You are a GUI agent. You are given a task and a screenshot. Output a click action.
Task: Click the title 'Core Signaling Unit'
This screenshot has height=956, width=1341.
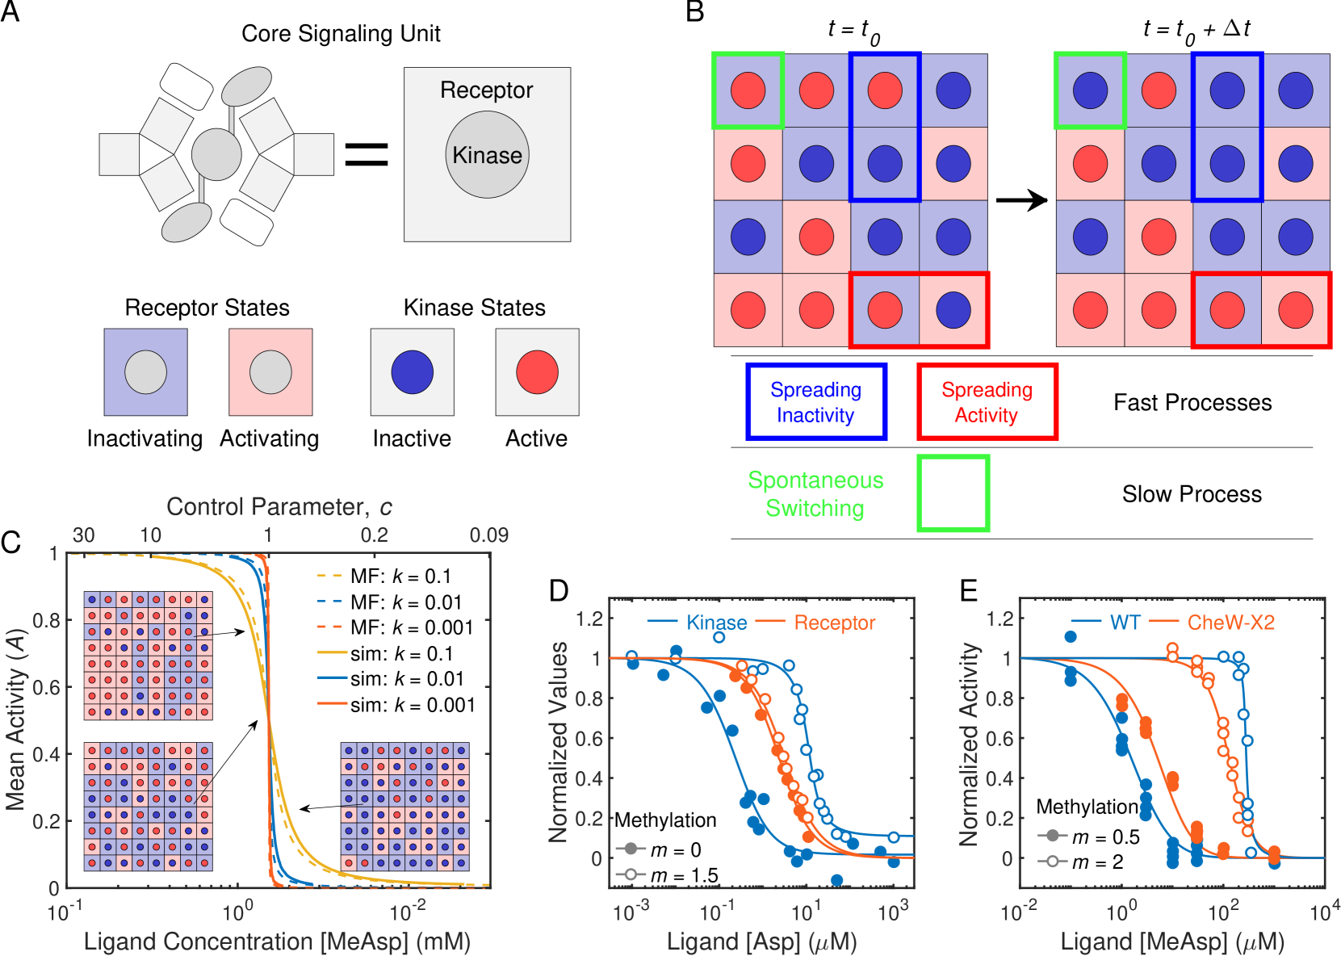pos(341,34)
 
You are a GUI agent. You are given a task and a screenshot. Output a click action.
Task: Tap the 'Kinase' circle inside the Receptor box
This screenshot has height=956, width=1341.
pos(487,155)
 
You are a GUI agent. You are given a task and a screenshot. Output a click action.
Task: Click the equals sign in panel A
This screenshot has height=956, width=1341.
pos(367,154)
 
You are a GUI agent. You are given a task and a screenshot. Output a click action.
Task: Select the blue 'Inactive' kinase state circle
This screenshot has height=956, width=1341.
pos(412,372)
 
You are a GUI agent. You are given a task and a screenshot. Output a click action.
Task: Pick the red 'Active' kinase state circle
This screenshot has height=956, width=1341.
pos(537,372)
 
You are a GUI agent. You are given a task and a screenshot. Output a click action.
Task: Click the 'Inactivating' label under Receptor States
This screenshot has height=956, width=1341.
pos(145,438)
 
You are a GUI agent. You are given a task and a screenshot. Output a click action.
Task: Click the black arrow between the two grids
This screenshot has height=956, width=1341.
pos(1021,200)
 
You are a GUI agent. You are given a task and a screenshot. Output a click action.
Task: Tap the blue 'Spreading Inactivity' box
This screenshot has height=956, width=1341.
pos(815,402)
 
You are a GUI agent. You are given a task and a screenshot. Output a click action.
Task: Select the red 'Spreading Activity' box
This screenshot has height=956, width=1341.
pos(987,402)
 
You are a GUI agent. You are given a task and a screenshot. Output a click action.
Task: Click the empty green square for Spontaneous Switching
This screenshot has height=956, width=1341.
pos(953,493)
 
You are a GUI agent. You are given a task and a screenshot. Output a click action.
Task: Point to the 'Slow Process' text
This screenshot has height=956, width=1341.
pos(1192,494)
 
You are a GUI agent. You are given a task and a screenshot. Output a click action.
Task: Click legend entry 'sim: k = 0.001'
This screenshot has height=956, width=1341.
pos(412,705)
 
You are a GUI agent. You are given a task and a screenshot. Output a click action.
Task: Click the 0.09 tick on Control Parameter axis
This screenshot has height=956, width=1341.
pos(488,535)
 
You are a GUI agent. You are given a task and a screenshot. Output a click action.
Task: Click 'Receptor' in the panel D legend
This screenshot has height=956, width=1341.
pos(834,623)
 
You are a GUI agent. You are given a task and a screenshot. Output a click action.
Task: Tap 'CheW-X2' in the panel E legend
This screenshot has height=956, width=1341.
pos(1230,623)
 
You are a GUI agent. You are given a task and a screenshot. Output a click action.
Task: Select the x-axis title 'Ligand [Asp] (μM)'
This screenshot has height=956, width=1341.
pos(761,941)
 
